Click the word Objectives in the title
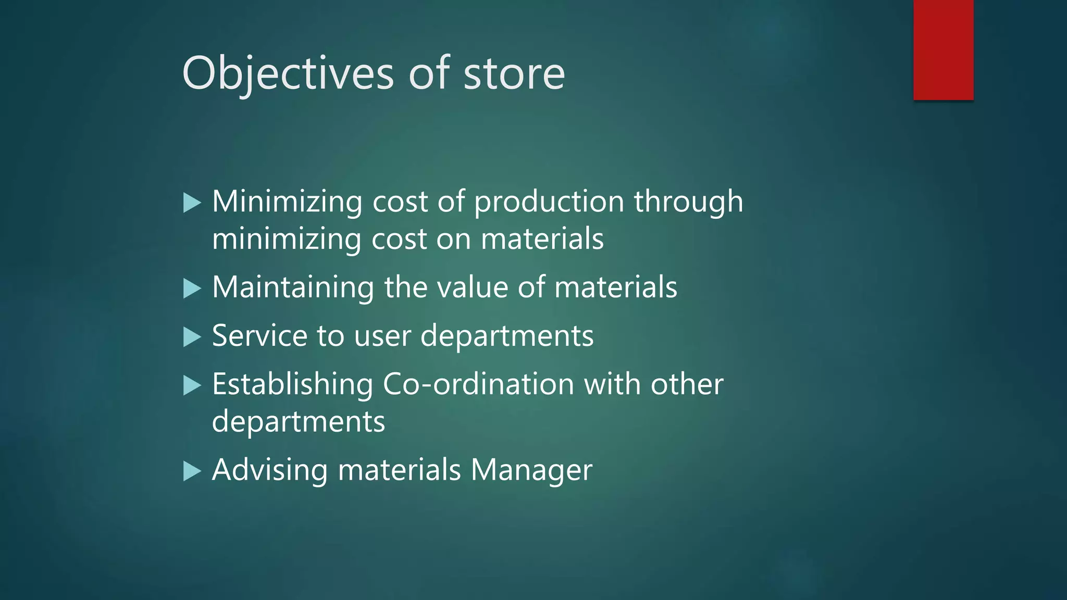pyautogui.click(x=288, y=73)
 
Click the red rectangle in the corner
pyautogui.click(x=943, y=49)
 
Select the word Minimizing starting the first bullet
pyautogui.click(x=287, y=202)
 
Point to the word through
pyautogui.click(x=688, y=202)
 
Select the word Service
pyautogui.click(x=259, y=335)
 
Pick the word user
pyautogui.click(x=382, y=335)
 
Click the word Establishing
pyautogui.click(x=292, y=384)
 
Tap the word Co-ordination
pyautogui.click(x=478, y=384)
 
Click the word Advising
pyautogui.click(x=269, y=470)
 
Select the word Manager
pyautogui.click(x=531, y=470)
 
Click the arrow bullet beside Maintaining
pyautogui.click(x=192, y=289)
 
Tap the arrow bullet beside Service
pyautogui.click(x=192, y=337)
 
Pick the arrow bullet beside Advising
pyautogui.click(x=192, y=471)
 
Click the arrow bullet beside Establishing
pyautogui.click(x=192, y=386)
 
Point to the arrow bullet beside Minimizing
pyautogui.click(x=192, y=203)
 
